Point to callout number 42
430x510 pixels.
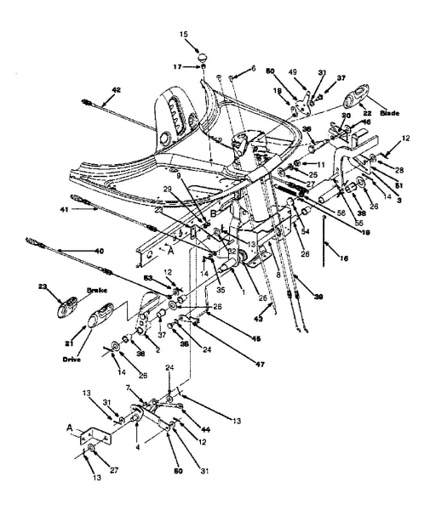[116, 88]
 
